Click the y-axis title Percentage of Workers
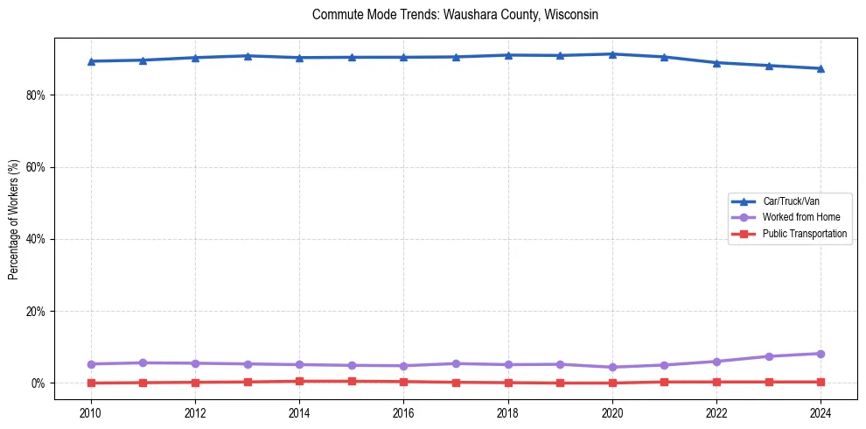tap(14, 219)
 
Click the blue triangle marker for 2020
tap(612, 54)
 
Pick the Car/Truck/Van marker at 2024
tap(821, 68)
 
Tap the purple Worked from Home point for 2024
tap(821, 354)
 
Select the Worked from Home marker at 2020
tap(612, 368)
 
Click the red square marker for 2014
tap(299, 381)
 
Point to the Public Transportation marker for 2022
tap(716, 382)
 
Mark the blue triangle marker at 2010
tap(91, 61)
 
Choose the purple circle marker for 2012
tap(195, 363)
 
